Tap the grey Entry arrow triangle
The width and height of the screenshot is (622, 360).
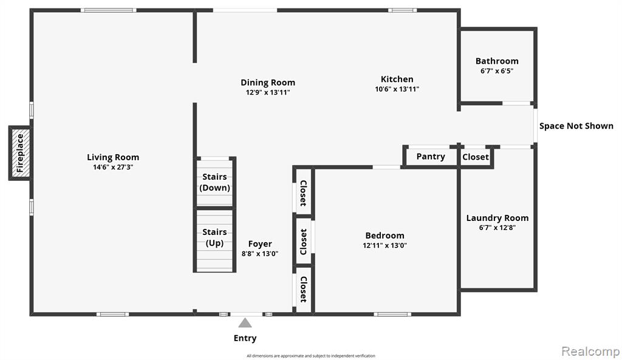pos(245,323)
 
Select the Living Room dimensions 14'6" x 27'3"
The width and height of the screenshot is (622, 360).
pos(113,168)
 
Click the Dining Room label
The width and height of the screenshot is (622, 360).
pos(268,83)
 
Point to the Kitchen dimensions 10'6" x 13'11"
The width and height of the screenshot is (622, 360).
pos(397,89)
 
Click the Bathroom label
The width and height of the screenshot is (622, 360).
pos(497,61)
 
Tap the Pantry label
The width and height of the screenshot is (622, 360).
pos(431,157)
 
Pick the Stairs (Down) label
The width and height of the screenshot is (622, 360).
pos(214,182)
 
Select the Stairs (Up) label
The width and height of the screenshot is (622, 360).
pos(214,237)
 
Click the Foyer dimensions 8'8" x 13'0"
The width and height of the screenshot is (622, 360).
pos(260,254)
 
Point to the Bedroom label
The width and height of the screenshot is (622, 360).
pos(384,236)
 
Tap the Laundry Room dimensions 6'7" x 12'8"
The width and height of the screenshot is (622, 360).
pos(497,228)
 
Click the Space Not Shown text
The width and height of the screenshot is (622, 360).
pos(576,126)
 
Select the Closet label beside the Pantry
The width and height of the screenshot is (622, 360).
pos(476,157)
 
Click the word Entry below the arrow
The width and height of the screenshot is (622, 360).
pos(245,338)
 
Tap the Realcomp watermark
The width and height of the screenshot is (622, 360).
pos(590,352)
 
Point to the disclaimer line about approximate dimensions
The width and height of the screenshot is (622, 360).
pos(310,356)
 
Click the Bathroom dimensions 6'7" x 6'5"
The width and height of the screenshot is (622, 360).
pos(497,71)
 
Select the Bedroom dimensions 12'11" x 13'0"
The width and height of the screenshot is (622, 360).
pos(384,245)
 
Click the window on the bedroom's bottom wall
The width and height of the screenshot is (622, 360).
pos(392,314)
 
